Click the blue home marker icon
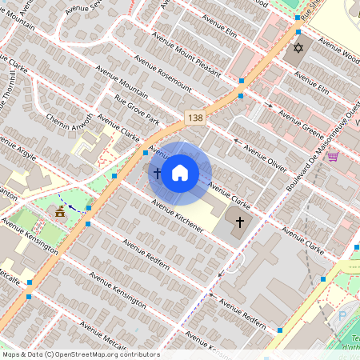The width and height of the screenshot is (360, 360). (180, 173)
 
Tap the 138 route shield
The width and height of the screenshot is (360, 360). (195, 118)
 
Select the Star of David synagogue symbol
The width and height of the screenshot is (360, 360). (299, 48)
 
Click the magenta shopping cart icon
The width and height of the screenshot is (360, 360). (333, 156)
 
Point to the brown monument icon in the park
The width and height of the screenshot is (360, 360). (59, 211)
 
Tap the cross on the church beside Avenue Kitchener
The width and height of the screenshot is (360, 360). (239, 221)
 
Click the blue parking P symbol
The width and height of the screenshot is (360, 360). (343, 315)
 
